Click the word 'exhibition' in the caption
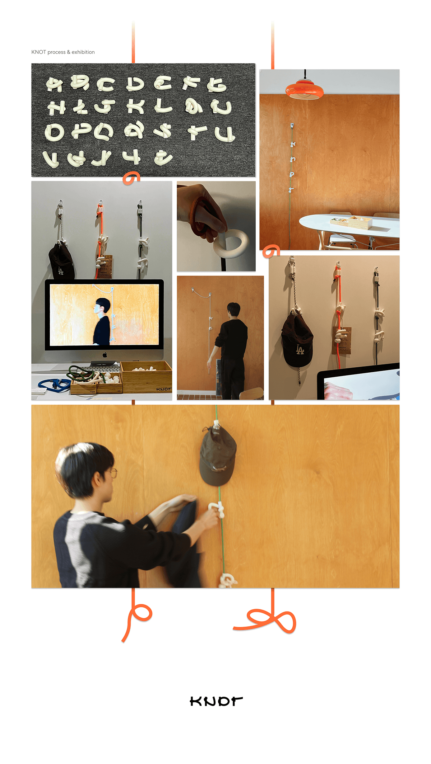click(83, 52)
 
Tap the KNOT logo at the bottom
click(216, 701)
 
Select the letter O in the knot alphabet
click(54, 132)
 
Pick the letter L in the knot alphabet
click(163, 106)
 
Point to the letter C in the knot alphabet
click(105, 84)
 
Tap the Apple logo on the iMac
click(105, 355)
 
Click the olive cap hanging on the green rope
click(218, 456)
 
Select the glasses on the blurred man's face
click(113, 473)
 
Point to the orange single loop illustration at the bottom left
click(138, 617)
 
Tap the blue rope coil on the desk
click(54, 385)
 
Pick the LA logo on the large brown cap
click(300, 349)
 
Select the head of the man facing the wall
click(234, 309)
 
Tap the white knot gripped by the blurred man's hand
click(217, 509)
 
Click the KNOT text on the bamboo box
click(163, 389)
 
